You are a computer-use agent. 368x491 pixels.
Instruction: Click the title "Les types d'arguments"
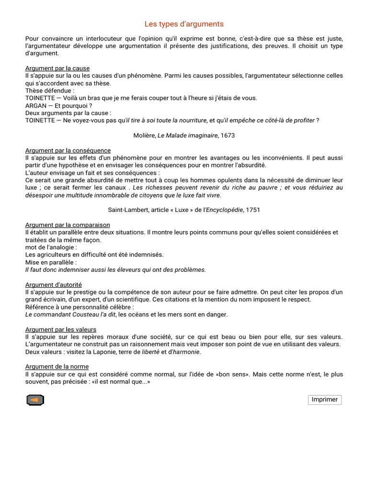click(x=184, y=24)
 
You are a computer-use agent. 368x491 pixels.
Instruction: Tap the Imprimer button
click(x=324, y=399)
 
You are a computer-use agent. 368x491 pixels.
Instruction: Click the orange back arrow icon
click(x=35, y=400)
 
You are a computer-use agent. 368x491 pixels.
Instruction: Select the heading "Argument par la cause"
click(x=57, y=68)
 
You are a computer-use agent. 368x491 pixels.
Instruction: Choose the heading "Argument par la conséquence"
click(x=68, y=150)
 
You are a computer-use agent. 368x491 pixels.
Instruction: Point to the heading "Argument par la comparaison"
click(x=68, y=224)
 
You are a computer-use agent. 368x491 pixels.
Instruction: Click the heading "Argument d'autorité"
click(x=53, y=284)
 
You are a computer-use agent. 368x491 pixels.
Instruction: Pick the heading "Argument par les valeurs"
click(x=61, y=329)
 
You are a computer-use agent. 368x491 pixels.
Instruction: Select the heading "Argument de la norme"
click(x=57, y=367)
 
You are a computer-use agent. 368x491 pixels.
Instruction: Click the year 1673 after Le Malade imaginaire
click(x=227, y=135)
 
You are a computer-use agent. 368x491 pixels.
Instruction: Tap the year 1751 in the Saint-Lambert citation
click(x=253, y=210)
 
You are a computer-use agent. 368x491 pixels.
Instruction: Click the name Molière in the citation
click(x=144, y=135)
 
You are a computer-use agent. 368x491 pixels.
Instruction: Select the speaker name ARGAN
click(x=36, y=105)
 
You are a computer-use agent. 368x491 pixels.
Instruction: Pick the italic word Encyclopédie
click(x=224, y=210)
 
